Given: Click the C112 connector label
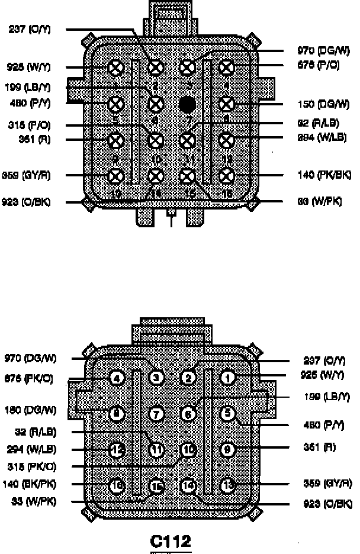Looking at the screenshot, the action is [171, 541].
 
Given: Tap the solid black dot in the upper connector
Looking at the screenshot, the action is [188, 105].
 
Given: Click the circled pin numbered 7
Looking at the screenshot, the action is [156, 414].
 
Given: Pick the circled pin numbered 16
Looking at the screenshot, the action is [117, 486].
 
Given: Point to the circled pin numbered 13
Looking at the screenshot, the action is [227, 486].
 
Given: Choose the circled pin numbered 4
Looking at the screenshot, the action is [117, 378].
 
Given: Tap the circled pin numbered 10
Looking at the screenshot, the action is [188, 450].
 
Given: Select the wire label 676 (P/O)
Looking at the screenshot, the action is [318, 65].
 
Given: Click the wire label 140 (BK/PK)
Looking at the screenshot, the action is [30, 484].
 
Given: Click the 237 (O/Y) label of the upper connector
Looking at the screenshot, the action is [30, 29].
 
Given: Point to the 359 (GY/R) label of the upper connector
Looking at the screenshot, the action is [29, 176].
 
